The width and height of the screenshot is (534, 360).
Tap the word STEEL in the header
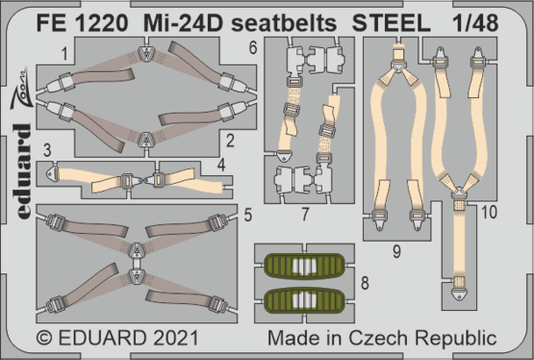(x=391, y=17)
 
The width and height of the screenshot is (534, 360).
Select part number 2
(x=231, y=141)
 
